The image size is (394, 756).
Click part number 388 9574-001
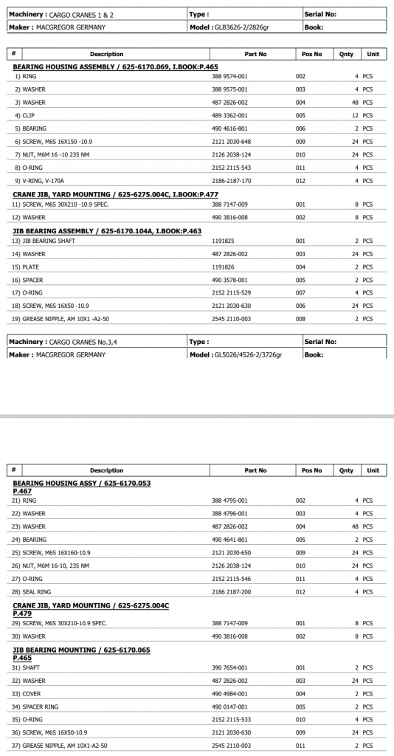click(x=230, y=77)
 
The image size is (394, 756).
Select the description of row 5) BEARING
click(x=30, y=128)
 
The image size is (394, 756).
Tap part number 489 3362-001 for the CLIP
click(x=230, y=115)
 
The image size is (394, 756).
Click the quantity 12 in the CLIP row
click(x=354, y=115)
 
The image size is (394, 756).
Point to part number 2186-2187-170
click(x=232, y=181)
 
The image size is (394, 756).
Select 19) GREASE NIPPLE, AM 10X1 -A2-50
click(x=61, y=319)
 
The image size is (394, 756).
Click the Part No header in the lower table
click(x=255, y=470)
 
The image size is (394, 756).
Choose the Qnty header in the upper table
click(x=346, y=54)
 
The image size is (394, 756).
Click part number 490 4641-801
click(x=230, y=540)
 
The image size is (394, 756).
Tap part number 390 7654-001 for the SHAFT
click(x=230, y=667)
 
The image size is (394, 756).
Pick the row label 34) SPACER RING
click(x=35, y=707)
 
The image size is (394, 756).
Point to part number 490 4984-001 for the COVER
click(x=230, y=694)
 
